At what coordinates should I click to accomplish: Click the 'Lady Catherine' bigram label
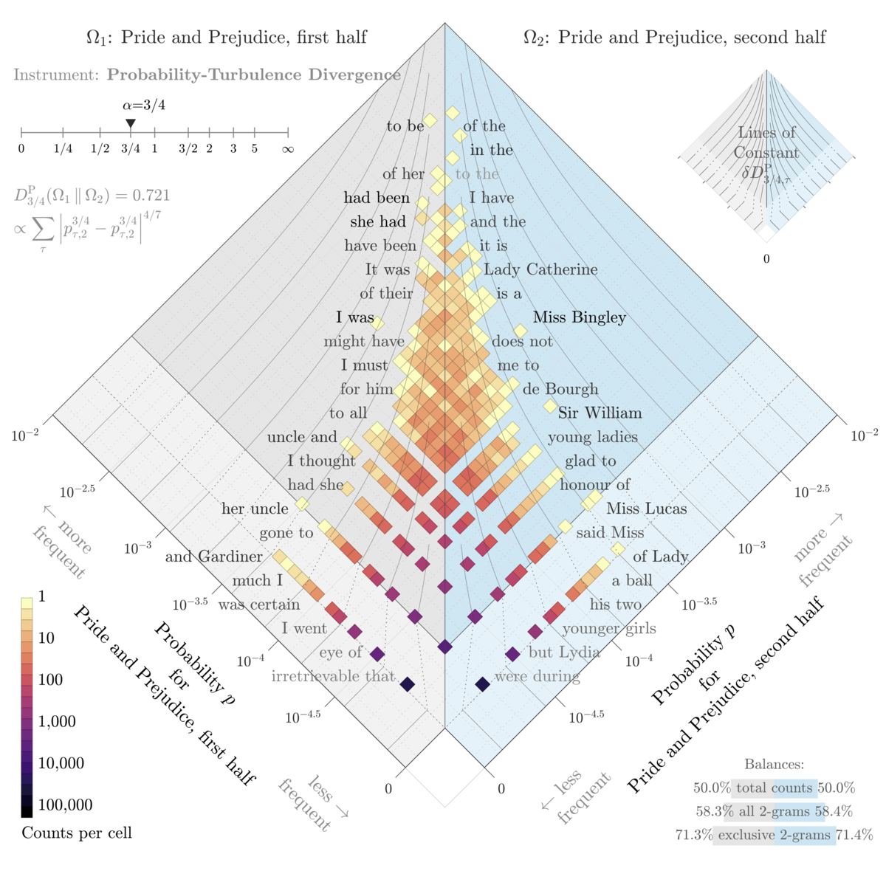tap(540, 269)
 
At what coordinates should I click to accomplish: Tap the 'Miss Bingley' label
tap(579, 317)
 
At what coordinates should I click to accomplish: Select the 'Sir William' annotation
tap(600, 413)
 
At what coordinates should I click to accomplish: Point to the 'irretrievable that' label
tap(333, 676)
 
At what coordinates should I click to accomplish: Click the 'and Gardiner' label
tap(213, 557)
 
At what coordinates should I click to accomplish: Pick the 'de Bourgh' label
tap(560, 389)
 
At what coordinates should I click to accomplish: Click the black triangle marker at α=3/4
tap(131, 123)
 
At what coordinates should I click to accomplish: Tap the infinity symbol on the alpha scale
tap(288, 149)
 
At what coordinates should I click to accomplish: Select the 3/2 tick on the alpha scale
tap(188, 149)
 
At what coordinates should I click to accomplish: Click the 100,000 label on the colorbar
tap(65, 805)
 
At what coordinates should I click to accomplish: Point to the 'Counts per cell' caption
tap(77, 833)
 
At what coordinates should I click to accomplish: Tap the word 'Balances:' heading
tap(774, 765)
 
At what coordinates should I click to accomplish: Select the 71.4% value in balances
tap(854, 836)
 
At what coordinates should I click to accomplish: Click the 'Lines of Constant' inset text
tap(766, 142)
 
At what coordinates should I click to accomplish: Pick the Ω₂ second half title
tap(674, 37)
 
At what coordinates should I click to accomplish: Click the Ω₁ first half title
tap(226, 37)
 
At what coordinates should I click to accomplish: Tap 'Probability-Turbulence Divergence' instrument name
tap(253, 75)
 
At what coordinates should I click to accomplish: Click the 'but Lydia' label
tap(564, 652)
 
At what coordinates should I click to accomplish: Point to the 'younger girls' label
tap(609, 629)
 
